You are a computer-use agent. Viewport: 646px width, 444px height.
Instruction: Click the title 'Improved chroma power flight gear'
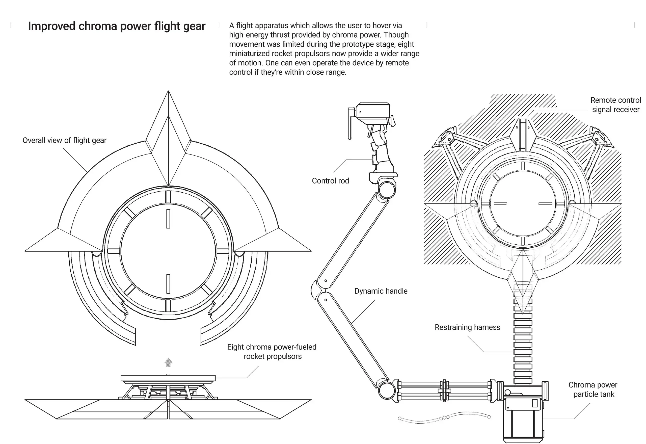click(x=117, y=26)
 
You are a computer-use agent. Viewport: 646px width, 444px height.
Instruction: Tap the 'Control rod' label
click(x=330, y=181)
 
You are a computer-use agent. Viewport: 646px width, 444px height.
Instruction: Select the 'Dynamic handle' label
click(x=381, y=291)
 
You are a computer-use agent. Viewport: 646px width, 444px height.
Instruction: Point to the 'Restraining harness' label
click(x=467, y=327)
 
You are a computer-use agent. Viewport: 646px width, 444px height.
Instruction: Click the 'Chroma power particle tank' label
click(x=593, y=389)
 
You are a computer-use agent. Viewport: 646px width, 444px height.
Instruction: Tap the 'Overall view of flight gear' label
click(x=64, y=140)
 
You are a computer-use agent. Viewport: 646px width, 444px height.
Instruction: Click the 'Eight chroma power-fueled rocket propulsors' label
click(x=272, y=352)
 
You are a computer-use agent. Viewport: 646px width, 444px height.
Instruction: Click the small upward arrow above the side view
click(x=168, y=362)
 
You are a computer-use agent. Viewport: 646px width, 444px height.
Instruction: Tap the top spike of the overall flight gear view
click(x=168, y=111)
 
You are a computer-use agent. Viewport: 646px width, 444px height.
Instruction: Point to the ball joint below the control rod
click(x=387, y=190)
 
